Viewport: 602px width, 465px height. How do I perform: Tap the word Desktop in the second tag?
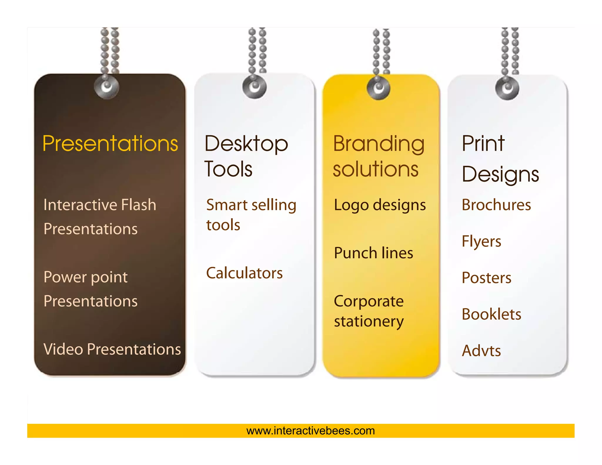[246, 144]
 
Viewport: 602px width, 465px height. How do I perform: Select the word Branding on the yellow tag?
[379, 144]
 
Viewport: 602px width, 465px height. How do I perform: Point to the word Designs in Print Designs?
[500, 175]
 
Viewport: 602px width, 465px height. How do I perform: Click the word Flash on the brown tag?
[138, 205]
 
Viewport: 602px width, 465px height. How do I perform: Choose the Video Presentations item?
[112, 349]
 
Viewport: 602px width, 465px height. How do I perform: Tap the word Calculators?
[244, 273]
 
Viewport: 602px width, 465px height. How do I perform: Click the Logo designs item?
[380, 205]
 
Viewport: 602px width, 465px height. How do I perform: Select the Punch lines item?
[374, 253]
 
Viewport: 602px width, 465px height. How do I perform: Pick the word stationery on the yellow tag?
[369, 321]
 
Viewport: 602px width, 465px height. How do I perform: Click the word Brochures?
[496, 205]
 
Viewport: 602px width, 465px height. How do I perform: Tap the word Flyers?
[481, 242]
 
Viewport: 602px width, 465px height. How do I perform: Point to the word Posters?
[486, 278]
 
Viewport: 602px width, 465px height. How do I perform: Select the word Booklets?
[491, 314]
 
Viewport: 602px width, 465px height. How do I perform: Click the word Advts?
[481, 351]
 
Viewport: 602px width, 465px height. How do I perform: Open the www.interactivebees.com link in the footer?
[311, 431]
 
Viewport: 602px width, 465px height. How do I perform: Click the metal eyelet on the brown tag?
[107, 86]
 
